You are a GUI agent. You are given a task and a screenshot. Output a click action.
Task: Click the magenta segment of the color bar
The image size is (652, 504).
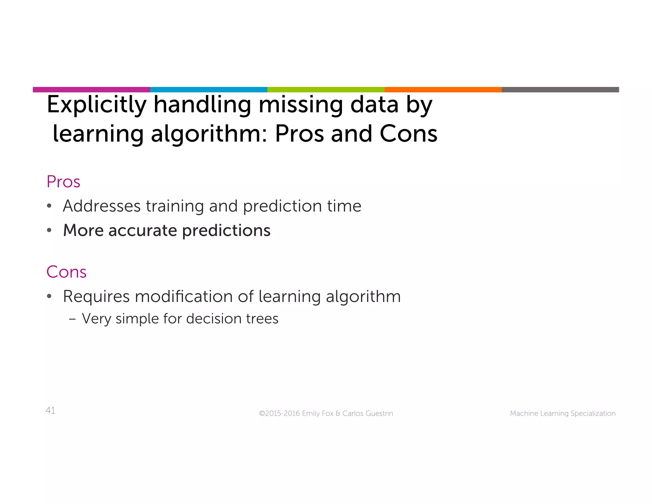(x=91, y=90)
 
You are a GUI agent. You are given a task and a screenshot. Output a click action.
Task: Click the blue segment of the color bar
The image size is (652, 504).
(x=209, y=90)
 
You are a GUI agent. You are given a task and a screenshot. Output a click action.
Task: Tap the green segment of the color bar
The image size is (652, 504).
(x=326, y=90)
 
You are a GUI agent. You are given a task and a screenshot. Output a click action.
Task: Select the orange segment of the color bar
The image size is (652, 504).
(x=443, y=90)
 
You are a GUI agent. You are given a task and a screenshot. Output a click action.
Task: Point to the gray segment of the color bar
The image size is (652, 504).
(x=560, y=90)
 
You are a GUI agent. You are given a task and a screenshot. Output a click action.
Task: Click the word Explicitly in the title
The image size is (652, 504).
(x=96, y=105)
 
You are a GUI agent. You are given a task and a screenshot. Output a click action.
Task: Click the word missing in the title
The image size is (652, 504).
(x=301, y=105)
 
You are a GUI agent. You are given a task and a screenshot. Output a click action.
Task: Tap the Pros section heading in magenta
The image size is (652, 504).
(x=63, y=182)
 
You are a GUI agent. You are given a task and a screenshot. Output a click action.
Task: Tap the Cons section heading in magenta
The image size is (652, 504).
(x=66, y=272)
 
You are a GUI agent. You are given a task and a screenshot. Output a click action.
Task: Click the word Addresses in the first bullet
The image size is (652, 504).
(x=102, y=206)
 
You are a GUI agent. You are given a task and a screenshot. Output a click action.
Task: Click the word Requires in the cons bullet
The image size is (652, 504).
(x=96, y=297)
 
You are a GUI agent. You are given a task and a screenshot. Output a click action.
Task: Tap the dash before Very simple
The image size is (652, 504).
(x=72, y=319)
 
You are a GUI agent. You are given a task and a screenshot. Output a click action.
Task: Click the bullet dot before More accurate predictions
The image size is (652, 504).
(x=49, y=230)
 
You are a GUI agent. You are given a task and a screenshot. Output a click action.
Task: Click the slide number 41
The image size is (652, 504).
(x=50, y=411)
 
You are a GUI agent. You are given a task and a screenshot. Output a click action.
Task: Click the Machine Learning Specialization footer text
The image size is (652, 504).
(x=563, y=414)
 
